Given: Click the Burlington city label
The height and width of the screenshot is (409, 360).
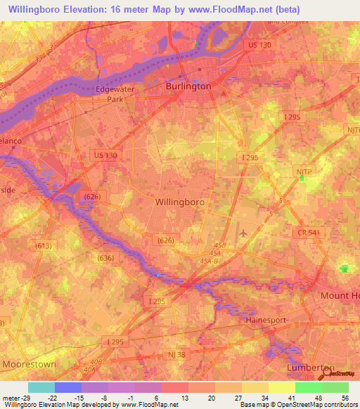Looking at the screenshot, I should pos(188,86).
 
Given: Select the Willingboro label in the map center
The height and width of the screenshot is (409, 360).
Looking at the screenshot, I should pos(179,202).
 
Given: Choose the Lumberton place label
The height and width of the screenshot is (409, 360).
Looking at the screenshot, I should pos(310,368).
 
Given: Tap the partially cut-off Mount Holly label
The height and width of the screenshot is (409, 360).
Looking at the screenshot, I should pos(340,296).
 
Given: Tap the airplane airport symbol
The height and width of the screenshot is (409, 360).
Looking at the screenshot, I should pos(244,233).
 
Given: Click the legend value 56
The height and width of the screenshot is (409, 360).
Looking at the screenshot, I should pos(345,397).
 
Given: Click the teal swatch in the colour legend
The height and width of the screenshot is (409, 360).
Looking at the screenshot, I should pos(41,387).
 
